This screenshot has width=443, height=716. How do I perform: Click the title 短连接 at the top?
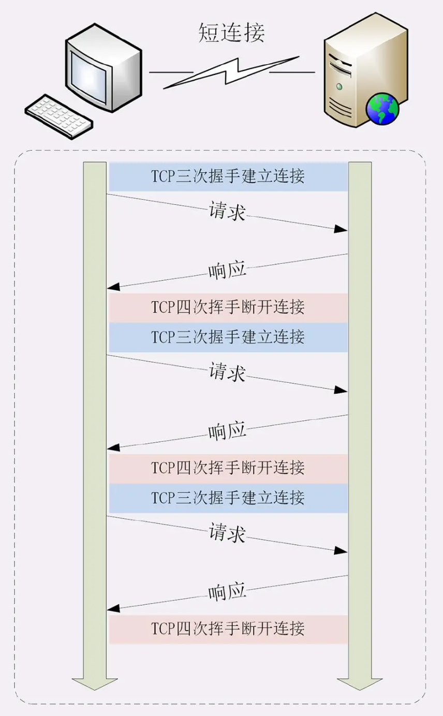231,32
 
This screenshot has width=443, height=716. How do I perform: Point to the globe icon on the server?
383,107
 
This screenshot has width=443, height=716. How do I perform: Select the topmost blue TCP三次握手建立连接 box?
228,176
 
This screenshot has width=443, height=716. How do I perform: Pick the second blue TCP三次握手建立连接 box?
228,337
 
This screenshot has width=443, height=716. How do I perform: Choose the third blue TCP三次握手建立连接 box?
228,498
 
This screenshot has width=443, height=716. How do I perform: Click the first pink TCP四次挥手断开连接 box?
228,307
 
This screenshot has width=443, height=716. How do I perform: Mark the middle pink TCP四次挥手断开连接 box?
228,468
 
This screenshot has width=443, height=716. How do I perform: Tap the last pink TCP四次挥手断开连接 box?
228,629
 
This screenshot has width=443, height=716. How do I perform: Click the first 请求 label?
227,211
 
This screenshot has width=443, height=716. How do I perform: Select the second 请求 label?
227,372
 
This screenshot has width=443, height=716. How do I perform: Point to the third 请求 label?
227,533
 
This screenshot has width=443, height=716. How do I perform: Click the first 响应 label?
227,271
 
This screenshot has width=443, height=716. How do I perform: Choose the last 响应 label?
227,593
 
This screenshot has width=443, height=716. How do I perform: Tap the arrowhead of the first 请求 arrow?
341,229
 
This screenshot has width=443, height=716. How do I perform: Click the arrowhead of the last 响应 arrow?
113,609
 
